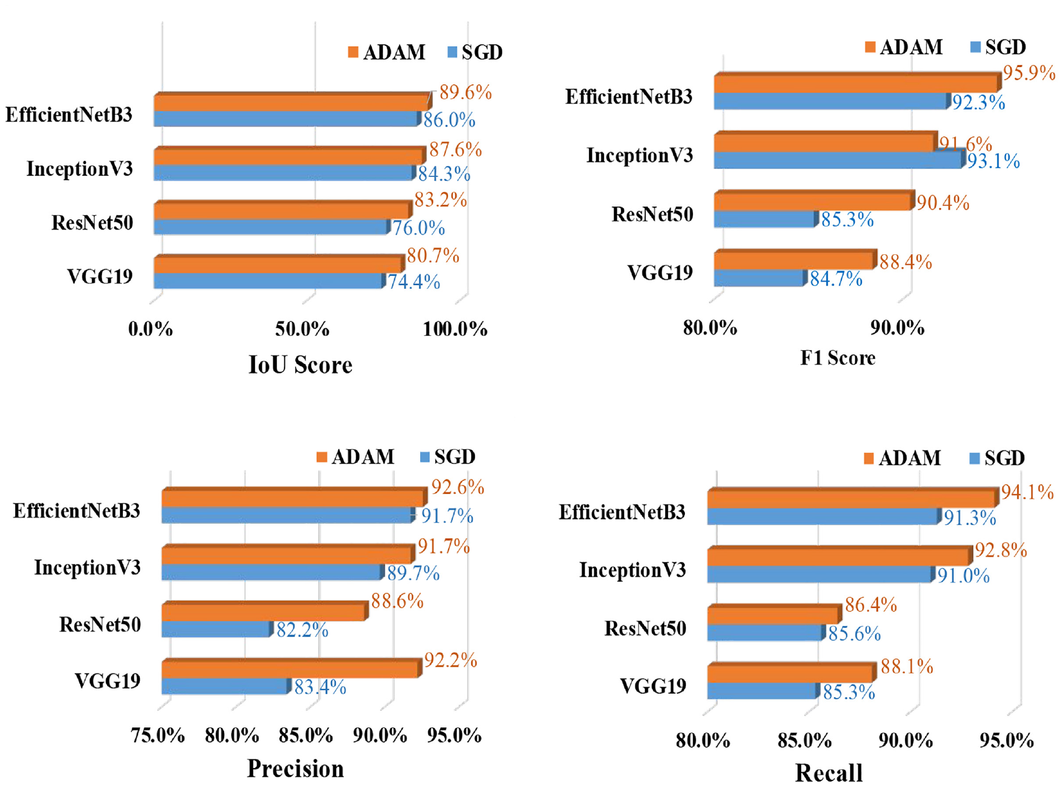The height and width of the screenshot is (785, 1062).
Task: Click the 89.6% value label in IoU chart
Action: (x=466, y=92)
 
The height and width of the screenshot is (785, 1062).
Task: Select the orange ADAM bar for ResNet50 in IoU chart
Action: (x=283, y=210)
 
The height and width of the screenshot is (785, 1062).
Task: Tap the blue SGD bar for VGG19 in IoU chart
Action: (x=269, y=280)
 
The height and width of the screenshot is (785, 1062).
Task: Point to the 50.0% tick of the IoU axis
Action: (x=302, y=329)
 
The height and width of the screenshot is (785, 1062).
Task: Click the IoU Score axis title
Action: (x=300, y=365)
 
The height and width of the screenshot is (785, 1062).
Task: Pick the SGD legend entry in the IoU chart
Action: (x=475, y=52)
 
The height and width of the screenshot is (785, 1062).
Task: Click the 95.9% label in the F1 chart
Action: (x=1029, y=73)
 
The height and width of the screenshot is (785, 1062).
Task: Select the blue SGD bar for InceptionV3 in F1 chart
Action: (x=839, y=159)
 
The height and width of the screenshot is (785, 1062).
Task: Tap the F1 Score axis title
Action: (x=837, y=357)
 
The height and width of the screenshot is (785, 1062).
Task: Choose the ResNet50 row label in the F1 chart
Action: (x=652, y=214)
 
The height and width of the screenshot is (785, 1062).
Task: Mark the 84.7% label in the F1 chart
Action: (x=836, y=279)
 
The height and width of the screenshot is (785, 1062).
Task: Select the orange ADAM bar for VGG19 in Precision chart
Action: (x=291, y=669)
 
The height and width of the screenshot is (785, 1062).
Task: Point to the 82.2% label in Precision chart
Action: (x=302, y=630)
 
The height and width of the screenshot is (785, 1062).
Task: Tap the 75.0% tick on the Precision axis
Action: (x=158, y=736)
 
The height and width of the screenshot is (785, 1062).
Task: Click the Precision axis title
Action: (x=296, y=769)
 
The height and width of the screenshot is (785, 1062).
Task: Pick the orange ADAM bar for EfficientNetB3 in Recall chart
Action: (x=853, y=499)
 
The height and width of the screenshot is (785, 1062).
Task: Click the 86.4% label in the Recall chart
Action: (x=871, y=605)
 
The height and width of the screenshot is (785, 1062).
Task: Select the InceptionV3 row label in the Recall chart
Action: (x=633, y=570)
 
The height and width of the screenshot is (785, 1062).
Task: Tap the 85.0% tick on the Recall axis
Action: (x=804, y=740)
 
